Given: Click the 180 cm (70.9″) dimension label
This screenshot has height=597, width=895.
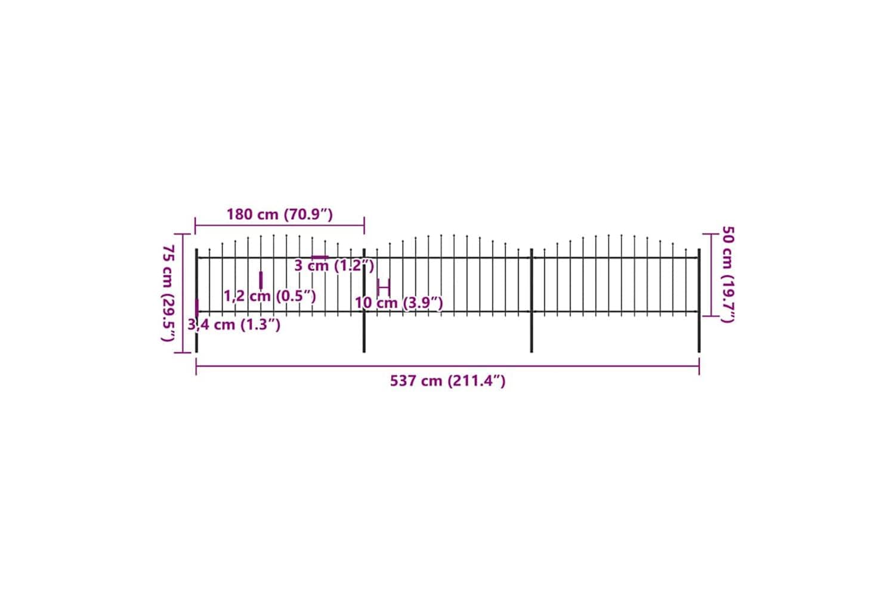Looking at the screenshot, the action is tap(280, 214).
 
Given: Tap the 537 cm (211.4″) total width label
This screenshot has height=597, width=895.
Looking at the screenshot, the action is tap(448, 381).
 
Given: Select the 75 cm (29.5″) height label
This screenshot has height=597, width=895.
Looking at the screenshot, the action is tap(168, 293).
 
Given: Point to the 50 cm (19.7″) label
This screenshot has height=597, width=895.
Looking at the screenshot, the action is tap(728, 274).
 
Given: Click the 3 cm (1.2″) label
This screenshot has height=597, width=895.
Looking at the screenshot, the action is tap(334, 266).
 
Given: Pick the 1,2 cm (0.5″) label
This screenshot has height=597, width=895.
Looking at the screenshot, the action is tap(270, 296).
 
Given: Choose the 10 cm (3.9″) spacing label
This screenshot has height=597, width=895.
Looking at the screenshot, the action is tap(399, 303).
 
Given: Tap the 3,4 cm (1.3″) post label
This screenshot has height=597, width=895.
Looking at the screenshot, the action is tap(234, 324).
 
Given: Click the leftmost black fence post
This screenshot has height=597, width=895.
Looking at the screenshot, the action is tap(196, 301).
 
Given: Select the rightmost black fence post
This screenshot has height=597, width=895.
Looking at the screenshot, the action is tap(699, 301).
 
